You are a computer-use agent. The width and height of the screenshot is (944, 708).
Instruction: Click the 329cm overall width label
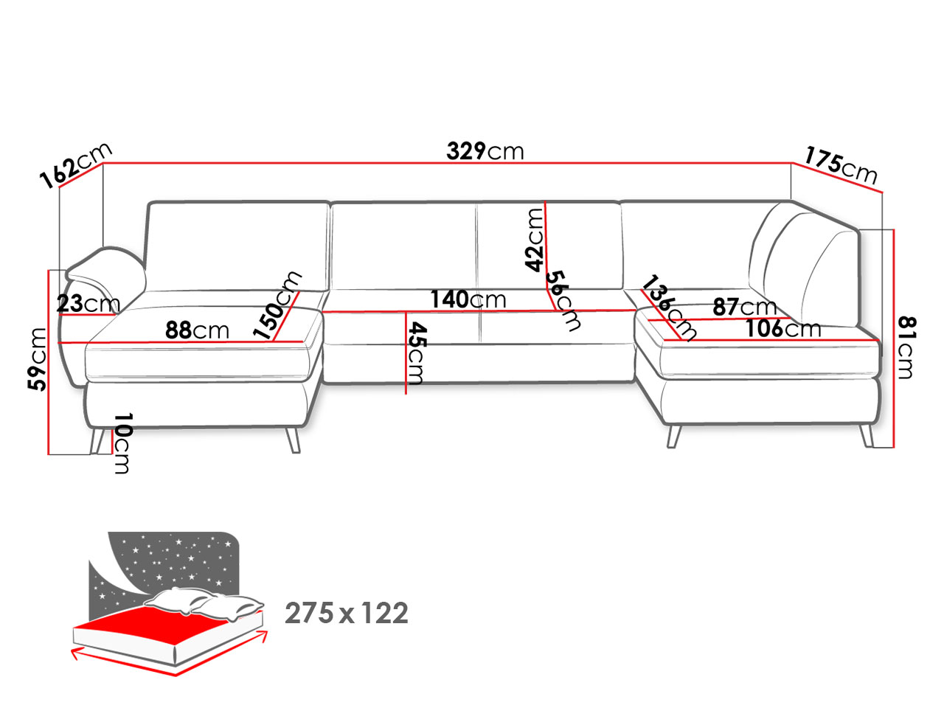tap(485, 151)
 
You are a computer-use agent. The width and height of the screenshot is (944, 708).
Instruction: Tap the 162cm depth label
tap(76, 164)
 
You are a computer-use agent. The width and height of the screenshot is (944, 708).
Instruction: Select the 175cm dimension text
tap(840, 165)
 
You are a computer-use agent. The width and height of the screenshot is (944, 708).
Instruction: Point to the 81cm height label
tap(906, 348)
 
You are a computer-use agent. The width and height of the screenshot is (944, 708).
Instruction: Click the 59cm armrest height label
tap(36, 359)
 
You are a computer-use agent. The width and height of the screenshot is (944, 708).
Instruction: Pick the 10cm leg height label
tap(122, 443)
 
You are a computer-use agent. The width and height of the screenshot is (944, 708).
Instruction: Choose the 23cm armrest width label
tap(88, 304)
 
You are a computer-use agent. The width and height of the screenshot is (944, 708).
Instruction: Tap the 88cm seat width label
tap(197, 330)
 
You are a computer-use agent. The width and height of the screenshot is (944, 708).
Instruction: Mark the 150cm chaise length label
tap(277, 305)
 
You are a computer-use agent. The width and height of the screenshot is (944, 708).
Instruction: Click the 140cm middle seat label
tap(468, 299)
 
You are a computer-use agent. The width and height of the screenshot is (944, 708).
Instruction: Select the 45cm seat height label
tap(416, 353)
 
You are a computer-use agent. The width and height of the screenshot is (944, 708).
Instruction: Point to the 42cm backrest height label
tap(534, 240)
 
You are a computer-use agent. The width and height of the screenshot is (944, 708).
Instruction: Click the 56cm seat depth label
tap(563, 301)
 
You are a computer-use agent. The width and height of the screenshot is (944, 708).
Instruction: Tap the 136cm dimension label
tap(668, 308)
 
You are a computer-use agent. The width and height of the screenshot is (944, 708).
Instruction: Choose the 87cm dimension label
tap(744, 307)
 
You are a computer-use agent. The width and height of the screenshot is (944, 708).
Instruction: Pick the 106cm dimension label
tap(783, 329)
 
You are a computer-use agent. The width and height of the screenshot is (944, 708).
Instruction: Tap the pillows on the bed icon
tap(204, 603)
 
